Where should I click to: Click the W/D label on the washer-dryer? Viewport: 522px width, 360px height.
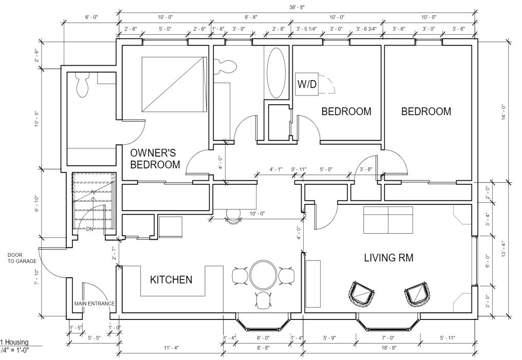(x=307, y=84)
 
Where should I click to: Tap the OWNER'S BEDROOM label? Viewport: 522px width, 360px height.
(x=155, y=159)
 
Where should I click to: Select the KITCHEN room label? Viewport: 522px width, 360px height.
(x=171, y=279)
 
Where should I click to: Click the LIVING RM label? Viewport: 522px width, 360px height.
(x=388, y=257)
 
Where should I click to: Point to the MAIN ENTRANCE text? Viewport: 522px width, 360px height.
(x=94, y=304)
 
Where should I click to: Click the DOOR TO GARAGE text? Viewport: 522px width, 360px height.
(x=22, y=258)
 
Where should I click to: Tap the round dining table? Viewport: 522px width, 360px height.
(x=263, y=275)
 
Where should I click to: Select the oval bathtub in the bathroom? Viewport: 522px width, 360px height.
(x=276, y=73)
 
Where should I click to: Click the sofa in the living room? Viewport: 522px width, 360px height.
(x=388, y=220)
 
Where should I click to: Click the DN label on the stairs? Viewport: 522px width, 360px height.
(x=89, y=229)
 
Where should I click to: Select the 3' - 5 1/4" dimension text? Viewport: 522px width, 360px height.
(x=307, y=29)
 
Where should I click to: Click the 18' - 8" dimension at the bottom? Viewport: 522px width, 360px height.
(x=388, y=348)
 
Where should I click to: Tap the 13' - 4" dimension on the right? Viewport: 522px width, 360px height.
(x=504, y=249)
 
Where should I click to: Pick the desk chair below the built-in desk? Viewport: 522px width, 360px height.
(x=233, y=216)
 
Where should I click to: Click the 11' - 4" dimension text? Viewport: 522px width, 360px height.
(x=172, y=348)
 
